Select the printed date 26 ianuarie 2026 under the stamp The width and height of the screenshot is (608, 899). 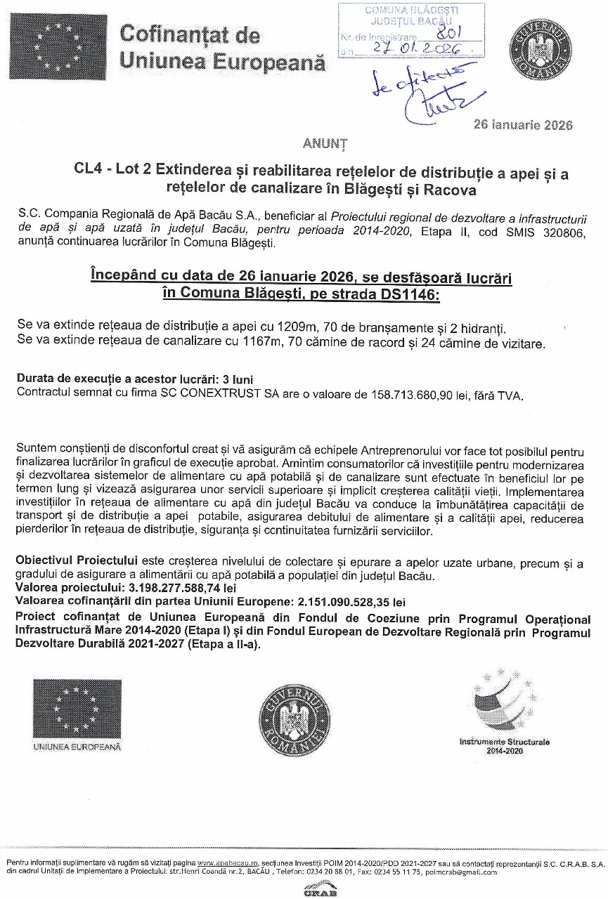(x=523, y=125)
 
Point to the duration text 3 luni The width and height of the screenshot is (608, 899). (x=221, y=379)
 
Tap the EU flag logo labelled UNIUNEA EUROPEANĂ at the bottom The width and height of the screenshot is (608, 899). (x=76, y=714)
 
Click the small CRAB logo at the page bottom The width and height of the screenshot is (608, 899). (x=320, y=892)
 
